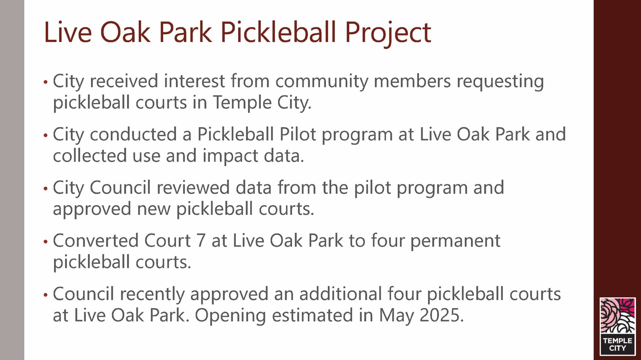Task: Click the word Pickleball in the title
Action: click(x=278, y=32)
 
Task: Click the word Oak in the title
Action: click(x=125, y=32)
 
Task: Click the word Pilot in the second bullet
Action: click(x=298, y=134)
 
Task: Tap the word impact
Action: click(x=230, y=156)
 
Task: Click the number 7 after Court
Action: click(x=201, y=241)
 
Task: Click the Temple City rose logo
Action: click(x=618, y=327)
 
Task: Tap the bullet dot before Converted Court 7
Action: click(x=46, y=241)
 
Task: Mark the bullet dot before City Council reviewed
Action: click(x=46, y=188)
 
